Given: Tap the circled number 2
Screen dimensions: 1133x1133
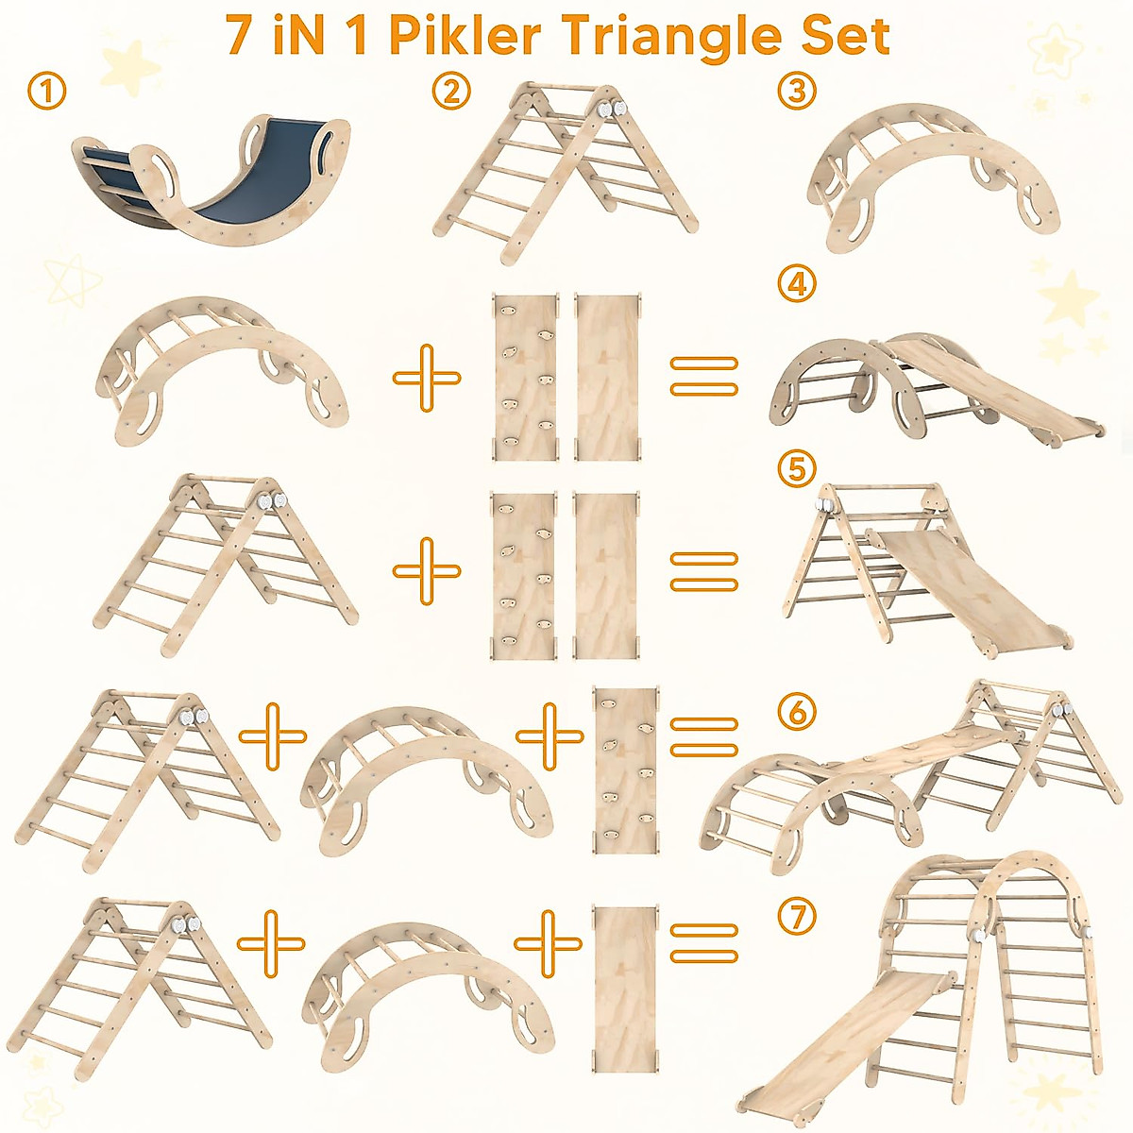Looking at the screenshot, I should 451,92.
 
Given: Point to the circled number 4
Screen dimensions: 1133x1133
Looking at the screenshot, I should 798,283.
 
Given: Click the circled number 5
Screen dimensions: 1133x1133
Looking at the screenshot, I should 798,467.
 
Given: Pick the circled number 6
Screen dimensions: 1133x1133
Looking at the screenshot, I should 798,711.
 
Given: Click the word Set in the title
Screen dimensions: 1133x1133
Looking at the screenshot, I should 843,36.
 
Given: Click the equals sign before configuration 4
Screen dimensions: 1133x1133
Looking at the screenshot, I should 703,377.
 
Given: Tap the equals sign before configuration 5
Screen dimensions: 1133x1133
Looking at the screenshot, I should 703,571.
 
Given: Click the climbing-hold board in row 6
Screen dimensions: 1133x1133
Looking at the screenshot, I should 624,769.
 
